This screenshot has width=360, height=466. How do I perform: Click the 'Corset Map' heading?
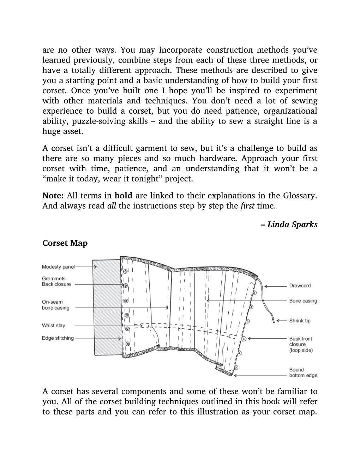65,243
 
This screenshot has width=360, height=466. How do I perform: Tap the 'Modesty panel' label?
58,267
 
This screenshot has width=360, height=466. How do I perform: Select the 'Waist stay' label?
53,325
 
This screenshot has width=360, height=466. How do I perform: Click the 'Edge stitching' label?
58,338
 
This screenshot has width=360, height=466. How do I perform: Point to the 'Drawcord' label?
300,286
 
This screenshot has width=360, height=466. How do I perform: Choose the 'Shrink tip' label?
300,321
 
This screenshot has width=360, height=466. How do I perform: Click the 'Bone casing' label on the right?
303,301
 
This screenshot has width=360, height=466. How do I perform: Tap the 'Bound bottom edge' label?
303,372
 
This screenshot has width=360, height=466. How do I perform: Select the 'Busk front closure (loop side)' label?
301,344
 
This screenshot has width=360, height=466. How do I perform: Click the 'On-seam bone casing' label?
55,305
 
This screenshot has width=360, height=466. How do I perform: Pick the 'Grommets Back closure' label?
56,281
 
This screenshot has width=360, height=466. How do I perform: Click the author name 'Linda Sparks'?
292,225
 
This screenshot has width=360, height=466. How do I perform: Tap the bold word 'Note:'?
53,196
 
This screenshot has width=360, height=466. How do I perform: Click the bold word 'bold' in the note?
124,196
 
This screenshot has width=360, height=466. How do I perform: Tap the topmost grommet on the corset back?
125,271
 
